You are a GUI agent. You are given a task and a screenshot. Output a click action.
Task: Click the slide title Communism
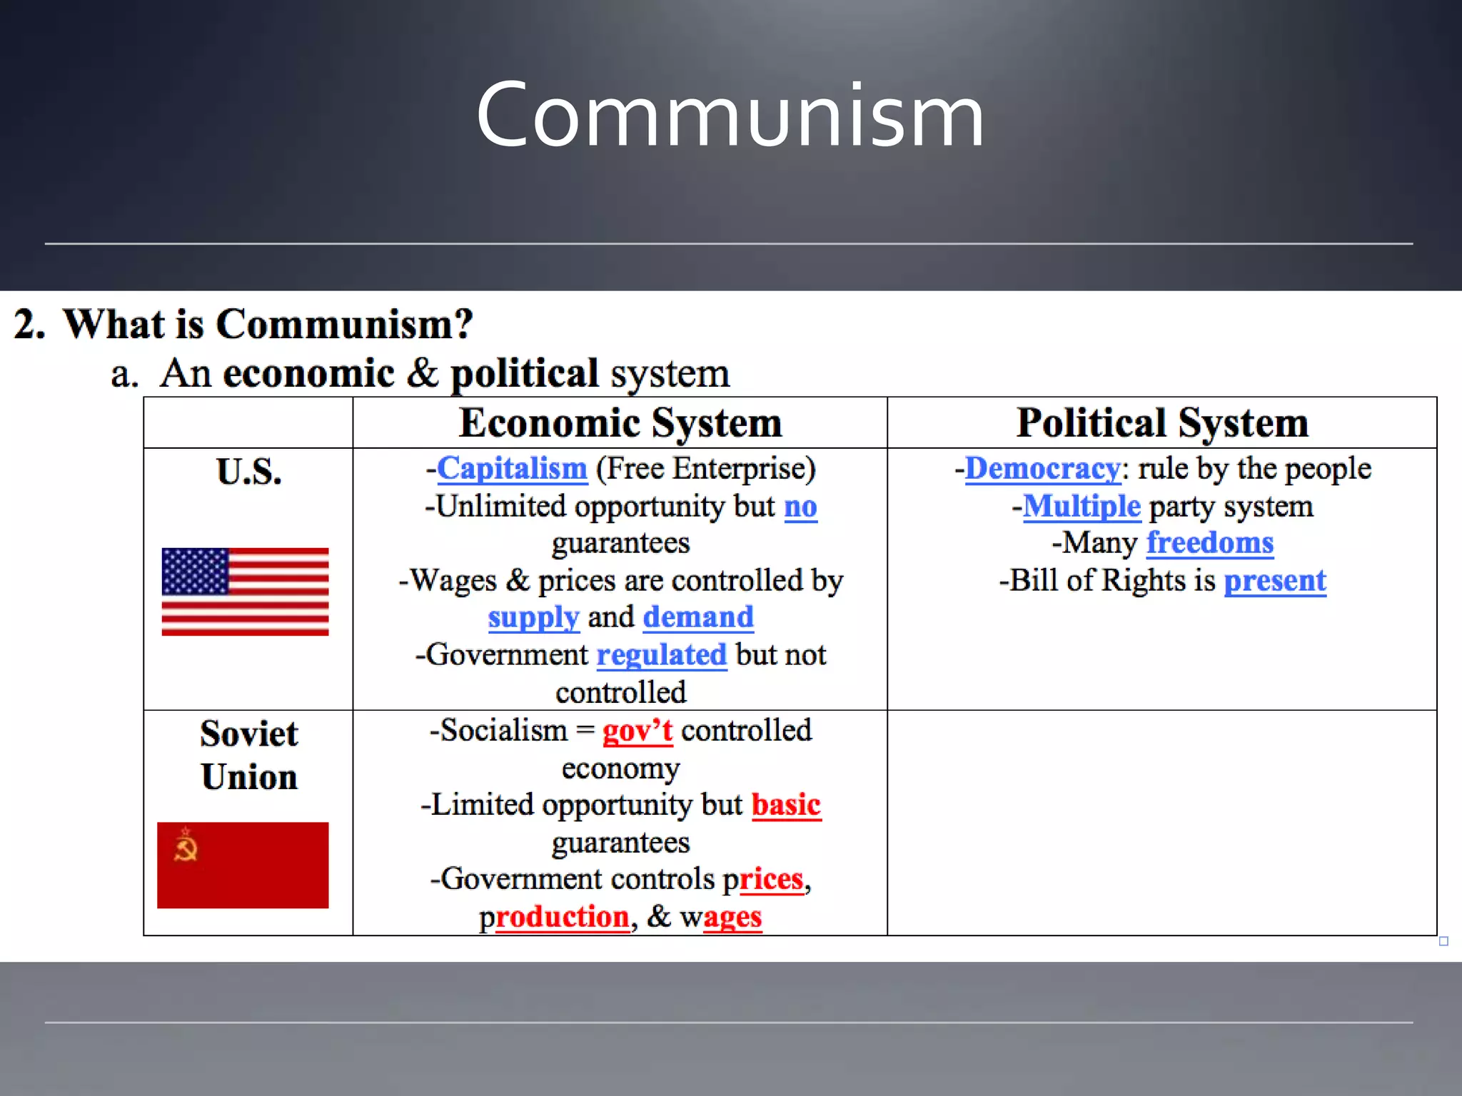click(730, 116)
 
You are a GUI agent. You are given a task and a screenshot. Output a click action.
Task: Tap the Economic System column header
click(620, 422)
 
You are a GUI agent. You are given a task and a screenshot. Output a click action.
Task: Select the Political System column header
click(1161, 422)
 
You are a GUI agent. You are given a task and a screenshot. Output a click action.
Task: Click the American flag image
click(245, 592)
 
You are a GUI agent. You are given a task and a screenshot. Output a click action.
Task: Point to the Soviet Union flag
click(243, 865)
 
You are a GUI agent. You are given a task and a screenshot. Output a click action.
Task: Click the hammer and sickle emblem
click(186, 847)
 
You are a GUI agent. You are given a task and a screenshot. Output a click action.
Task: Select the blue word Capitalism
click(512, 469)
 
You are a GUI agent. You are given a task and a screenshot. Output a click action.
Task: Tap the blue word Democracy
click(1042, 469)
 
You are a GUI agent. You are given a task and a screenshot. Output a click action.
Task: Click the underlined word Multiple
click(1082, 507)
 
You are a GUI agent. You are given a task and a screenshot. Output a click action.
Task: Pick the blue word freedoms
click(1210, 543)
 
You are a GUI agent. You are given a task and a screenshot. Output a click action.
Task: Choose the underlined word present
click(1275, 581)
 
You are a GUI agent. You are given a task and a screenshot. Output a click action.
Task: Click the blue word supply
click(533, 617)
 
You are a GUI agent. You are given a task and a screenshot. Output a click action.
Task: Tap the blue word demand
click(698, 617)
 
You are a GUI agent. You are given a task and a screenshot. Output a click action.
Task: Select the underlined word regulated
click(661, 655)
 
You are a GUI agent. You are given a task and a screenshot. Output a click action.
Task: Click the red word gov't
click(637, 731)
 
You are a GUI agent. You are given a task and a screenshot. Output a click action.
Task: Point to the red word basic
click(786, 805)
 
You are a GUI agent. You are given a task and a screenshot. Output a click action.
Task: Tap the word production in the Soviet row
click(555, 917)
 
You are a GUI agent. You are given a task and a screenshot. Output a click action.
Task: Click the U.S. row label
click(248, 472)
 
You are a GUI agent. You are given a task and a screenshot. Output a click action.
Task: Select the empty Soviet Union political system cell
click(1161, 822)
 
